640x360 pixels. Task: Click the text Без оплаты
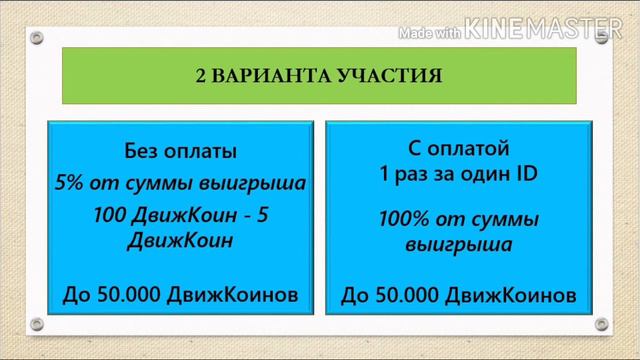click(x=180, y=152)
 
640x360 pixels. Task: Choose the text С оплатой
click(x=460, y=151)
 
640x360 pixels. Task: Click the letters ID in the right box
click(x=526, y=174)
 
